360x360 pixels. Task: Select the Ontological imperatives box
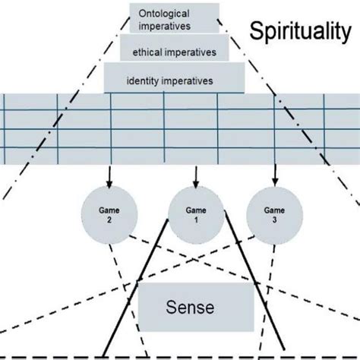coord(174,19)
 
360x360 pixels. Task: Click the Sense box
coord(195,308)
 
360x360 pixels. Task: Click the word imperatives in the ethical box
coord(190,52)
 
